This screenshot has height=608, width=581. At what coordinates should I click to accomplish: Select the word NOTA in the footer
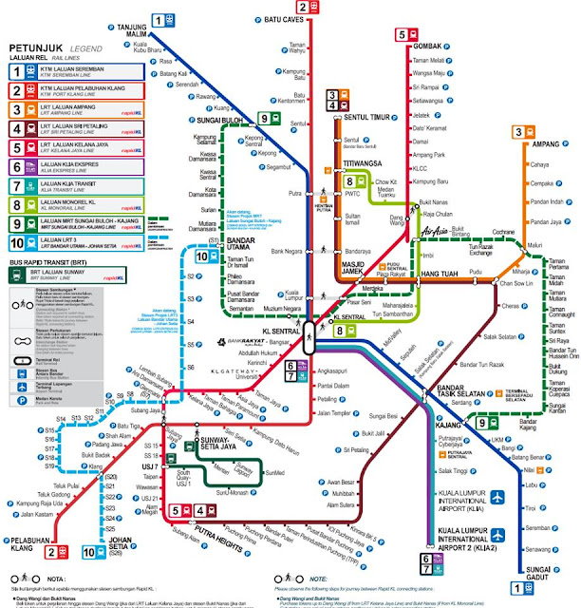pos(58,578)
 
